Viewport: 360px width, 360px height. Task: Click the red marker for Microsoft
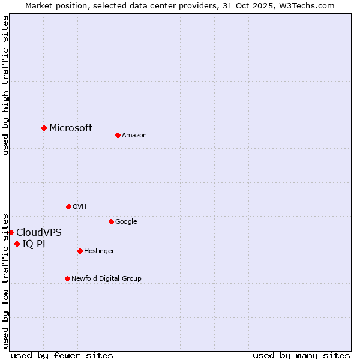[44, 128]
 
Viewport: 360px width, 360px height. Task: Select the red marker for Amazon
[118, 135]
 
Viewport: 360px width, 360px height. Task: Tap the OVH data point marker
[68, 206]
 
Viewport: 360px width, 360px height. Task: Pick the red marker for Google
[111, 221]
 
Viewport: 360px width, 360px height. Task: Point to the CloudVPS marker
[11, 232]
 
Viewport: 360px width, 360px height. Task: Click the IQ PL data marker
[17, 244]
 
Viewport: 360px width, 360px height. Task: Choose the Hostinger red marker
[80, 251]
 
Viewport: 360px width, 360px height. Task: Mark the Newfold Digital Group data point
[67, 278]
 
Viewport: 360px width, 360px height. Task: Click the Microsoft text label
[71, 128]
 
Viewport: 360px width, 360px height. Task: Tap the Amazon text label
[134, 135]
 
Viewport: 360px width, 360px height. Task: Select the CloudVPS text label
[39, 232]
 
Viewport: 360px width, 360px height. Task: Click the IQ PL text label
[35, 244]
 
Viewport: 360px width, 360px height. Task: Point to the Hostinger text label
[99, 251]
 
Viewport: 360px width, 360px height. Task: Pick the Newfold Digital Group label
[106, 278]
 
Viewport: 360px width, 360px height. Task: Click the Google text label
[126, 221]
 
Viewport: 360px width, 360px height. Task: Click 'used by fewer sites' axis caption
[62, 355]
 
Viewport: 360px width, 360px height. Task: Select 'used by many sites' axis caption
[301, 355]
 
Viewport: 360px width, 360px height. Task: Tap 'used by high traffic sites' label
[5, 85]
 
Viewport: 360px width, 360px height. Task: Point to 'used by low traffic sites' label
[5, 280]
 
